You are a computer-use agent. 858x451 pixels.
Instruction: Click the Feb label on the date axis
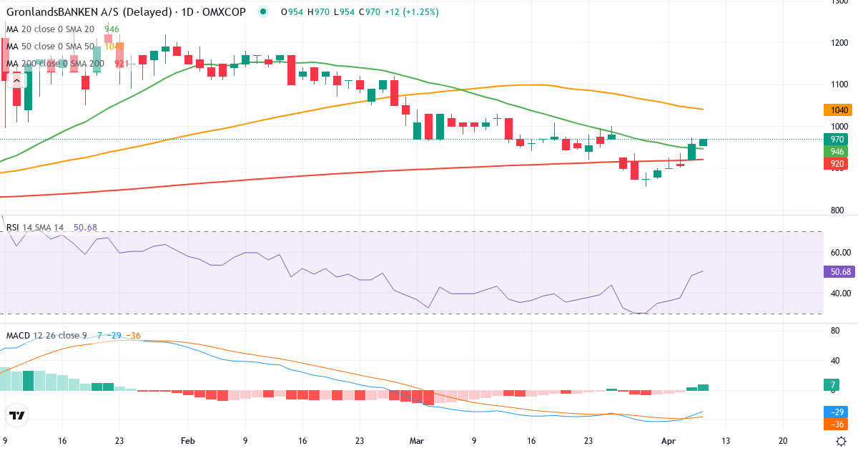188,441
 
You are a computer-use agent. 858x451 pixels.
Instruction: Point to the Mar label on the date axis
415,441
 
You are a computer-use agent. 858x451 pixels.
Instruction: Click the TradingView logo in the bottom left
17,415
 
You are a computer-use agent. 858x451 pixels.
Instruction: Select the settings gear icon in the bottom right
842,441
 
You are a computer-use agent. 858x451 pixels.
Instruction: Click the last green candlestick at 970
704,142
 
